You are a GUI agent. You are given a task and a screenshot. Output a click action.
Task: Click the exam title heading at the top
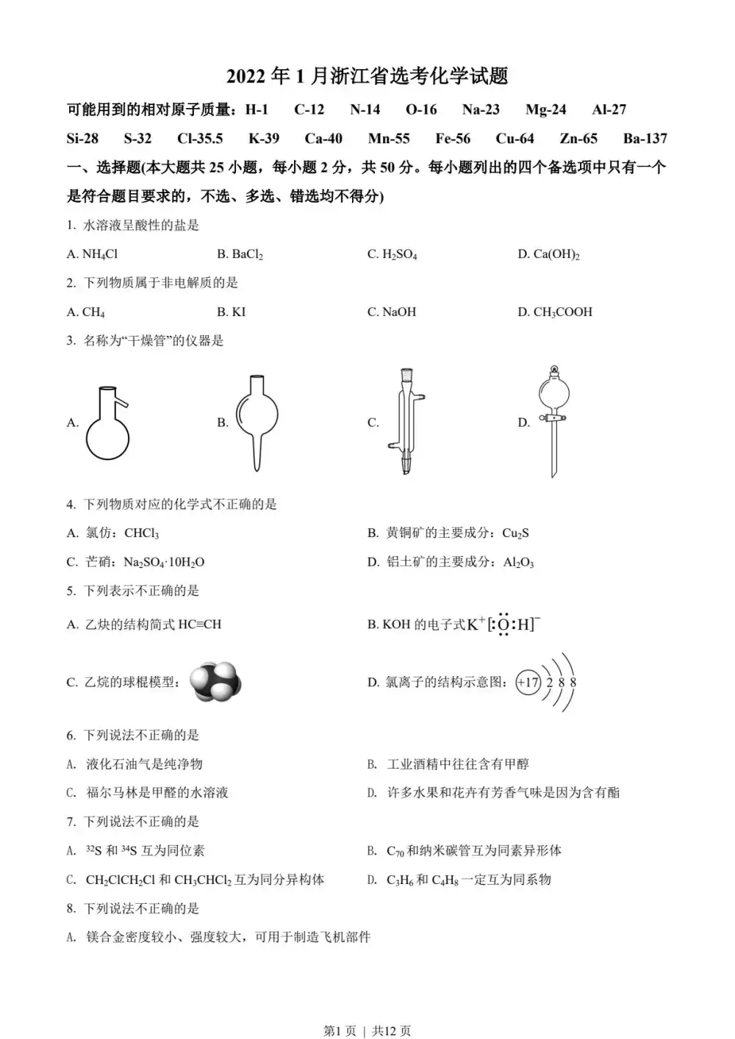click(x=367, y=76)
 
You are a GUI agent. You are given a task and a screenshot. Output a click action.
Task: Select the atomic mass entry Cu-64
click(x=514, y=138)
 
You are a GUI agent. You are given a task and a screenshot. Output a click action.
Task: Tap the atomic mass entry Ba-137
click(x=645, y=138)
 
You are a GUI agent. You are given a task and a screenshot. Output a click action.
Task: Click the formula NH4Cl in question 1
click(x=100, y=254)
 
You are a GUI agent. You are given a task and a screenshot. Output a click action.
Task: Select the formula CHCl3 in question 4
click(x=141, y=533)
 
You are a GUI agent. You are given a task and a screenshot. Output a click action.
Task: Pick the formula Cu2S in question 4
click(x=515, y=533)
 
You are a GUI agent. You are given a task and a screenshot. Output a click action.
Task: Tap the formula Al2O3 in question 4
click(x=518, y=562)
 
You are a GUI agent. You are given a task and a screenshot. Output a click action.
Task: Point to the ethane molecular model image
click(x=215, y=681)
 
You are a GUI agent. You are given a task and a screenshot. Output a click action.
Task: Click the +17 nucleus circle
click(x=528, y=682)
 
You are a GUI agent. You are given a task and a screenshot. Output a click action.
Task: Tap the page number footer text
click(x=367, y=1031)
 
